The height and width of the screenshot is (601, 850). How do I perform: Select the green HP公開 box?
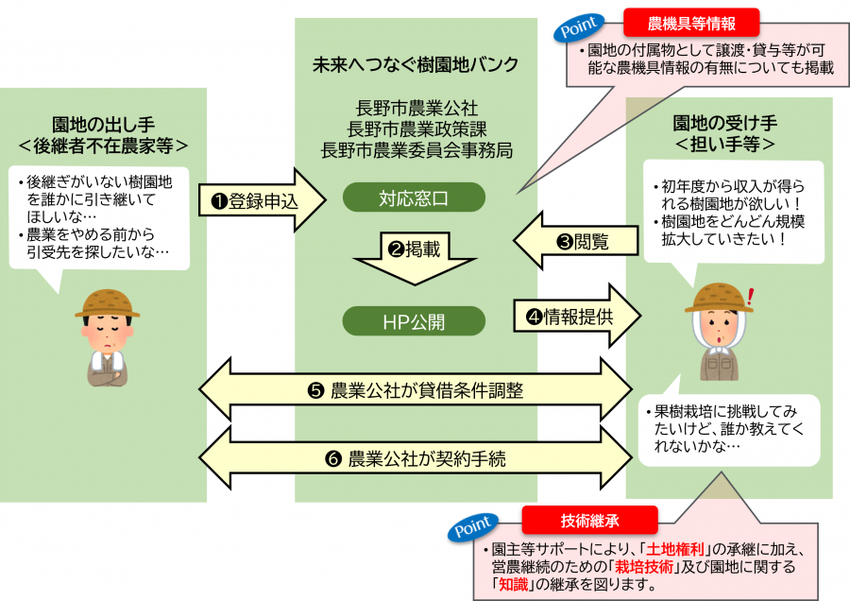pyautogui.click(x=413, y=321)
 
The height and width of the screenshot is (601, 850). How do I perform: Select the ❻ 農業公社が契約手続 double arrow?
pyautogui.click(x=416, y=459)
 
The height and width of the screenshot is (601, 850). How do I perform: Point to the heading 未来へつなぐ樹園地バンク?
pyautogui.click(x=416, y=65)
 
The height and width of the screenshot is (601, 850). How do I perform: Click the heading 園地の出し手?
pyautogui.click(x=103, y=124)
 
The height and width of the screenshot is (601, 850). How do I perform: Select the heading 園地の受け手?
pyautogui.click(x=724, y=124)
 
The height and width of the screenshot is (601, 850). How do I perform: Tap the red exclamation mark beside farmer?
pyautogui.click(x=751, y=298)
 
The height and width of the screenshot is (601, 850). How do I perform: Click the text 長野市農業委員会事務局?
pyautogui.click(x=416, y=148)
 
